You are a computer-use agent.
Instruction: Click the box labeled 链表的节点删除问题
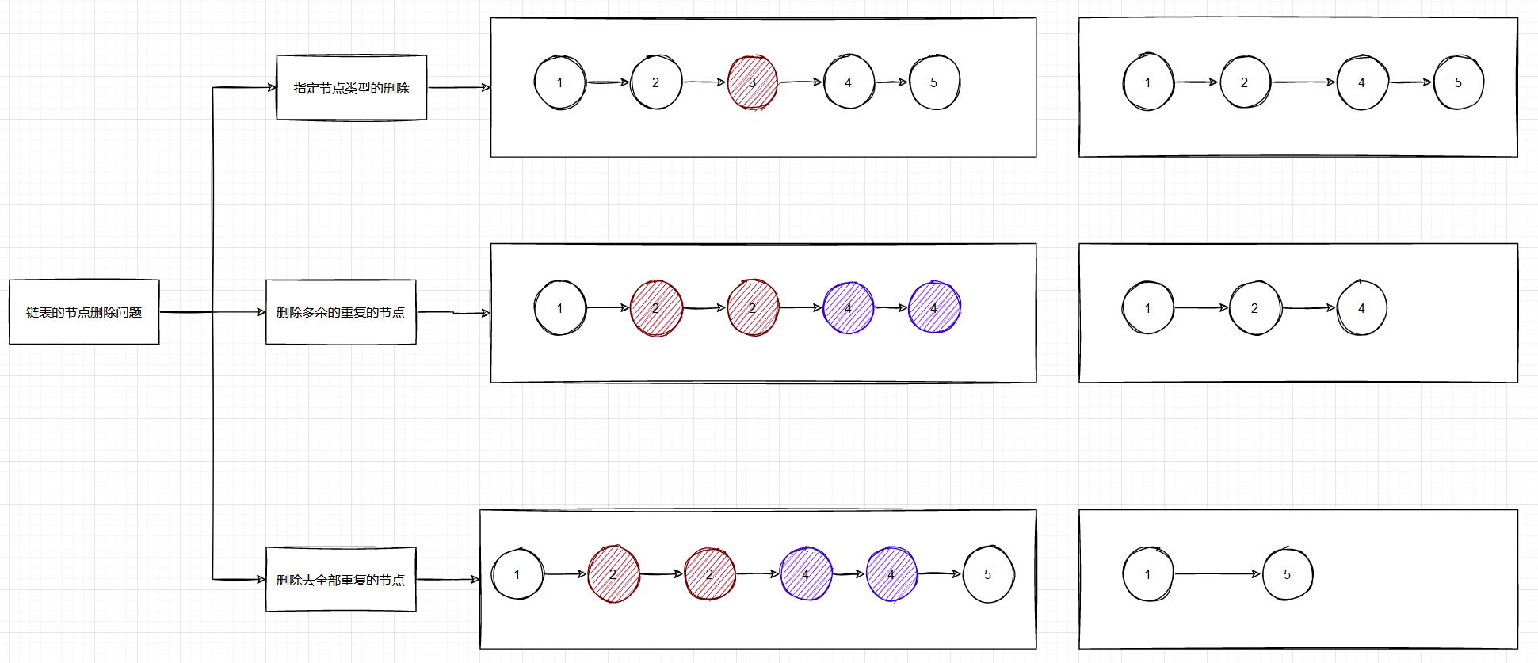coord(84,312)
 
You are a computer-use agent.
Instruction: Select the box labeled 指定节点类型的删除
coord(351,88)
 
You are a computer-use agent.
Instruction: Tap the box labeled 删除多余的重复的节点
coord(341,312)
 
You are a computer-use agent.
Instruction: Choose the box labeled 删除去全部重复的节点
coord(341,580)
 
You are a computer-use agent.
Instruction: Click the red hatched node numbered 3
coord(752,82)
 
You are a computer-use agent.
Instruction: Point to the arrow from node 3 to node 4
coord(800,82)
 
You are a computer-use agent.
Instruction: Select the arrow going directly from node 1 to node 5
coord(1217,573)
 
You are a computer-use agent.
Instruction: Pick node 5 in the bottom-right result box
coord(1287,574)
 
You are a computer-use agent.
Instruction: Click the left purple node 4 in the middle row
coord(848,308)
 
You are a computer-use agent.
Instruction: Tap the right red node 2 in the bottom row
coord(709,574)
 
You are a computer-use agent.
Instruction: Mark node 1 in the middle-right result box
coord(1147,308)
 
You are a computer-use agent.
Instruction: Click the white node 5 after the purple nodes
coord(987,574)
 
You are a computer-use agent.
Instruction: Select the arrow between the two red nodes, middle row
coord(704,307)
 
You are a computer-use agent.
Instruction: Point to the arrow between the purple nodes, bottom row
coord(849,573)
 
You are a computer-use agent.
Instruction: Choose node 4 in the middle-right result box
coord(1361,308)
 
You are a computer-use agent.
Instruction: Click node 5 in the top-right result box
coord(1458,82)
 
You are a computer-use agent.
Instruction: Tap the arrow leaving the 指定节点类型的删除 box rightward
coord(459,87)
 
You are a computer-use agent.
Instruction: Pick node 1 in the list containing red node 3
coord(559,82)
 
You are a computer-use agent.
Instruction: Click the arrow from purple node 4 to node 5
coord(940,573)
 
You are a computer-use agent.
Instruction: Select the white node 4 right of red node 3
coord(848,82)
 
